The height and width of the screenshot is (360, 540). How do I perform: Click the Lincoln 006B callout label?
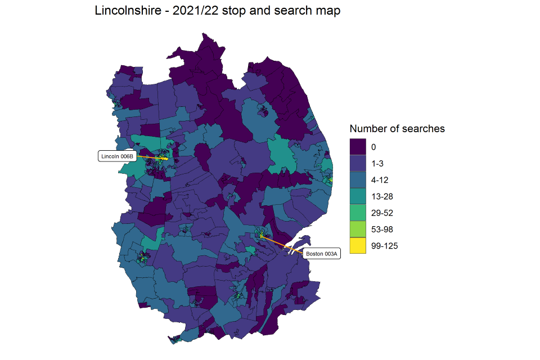pos(118,156)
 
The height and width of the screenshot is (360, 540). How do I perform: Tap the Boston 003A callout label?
pos(322,254)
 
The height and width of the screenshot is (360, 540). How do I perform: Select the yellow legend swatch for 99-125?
pos(357,246)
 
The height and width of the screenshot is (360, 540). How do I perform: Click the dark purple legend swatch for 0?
pos(357,147)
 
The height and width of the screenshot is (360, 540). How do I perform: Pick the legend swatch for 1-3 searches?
pos(357,163)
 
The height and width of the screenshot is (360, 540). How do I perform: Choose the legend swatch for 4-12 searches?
pos(357,180)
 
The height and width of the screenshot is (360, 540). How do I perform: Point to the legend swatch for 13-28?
pos(357,196)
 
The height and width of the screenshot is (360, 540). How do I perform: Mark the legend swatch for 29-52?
pos(357,213)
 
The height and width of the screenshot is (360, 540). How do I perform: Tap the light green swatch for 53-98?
pos(357,229)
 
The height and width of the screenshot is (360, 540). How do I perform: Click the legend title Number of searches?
pos(397,129)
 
